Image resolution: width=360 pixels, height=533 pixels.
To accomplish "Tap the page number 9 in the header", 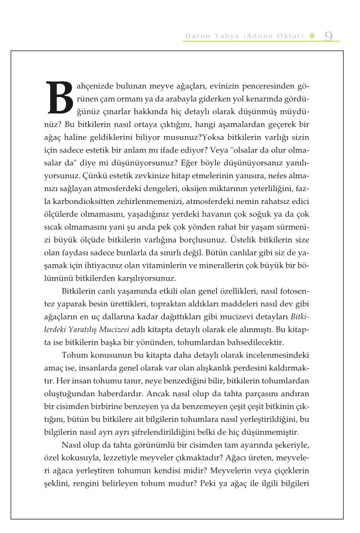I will point(328,36).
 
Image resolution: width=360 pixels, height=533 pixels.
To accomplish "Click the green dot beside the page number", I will point(312,36).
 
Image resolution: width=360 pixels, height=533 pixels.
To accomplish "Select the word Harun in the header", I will point(196,36).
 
